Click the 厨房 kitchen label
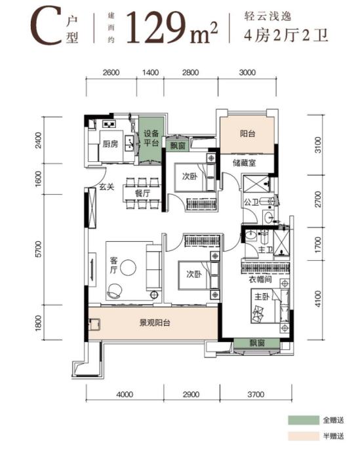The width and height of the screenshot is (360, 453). coord(110,144)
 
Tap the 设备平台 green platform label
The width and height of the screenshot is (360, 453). coord(151,138)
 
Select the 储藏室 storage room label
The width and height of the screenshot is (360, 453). coord(245,163)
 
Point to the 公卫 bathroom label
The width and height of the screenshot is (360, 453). coord(251,202)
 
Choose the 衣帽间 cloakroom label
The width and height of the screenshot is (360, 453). coord(260,279)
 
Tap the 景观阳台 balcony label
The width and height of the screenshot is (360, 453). coord(155,323)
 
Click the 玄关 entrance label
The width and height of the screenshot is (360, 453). coord(107,187)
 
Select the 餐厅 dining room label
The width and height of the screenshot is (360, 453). coord(143,193)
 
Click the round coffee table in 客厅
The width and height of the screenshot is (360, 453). coord(128,267)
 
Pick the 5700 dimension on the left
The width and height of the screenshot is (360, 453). coord(38,248)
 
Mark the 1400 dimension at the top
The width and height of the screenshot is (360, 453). coord(151,72)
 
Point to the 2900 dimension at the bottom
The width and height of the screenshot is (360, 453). coord(191,395)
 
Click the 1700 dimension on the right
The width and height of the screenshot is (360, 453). coord(318,245)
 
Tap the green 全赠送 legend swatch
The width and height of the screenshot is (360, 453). coord(304,420)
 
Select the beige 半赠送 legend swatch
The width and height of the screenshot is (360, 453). coord(304,436)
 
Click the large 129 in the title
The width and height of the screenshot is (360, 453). coord(155,28)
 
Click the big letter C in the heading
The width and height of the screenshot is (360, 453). coord(46,26)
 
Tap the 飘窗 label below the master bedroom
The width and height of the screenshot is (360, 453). coord(257,344)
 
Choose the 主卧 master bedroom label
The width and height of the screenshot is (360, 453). coord(262,296)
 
